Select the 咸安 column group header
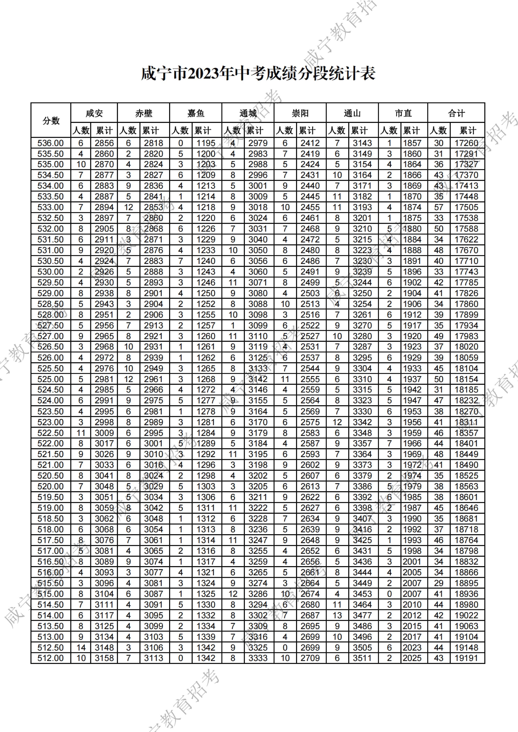(x=94, y=113)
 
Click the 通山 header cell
(x=352, y=113)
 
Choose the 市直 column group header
(x=403, y=113)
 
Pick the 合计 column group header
(x=456, y=113)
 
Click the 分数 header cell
(x=51, y=121)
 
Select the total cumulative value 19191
(x=466, y=658)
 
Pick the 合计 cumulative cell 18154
(x=466, y=379)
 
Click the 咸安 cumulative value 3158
(x=104, y=658)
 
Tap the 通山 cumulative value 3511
(x=362, y=658)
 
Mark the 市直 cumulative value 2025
(x=412, y=658)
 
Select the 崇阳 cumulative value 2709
(x=310, y=658)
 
